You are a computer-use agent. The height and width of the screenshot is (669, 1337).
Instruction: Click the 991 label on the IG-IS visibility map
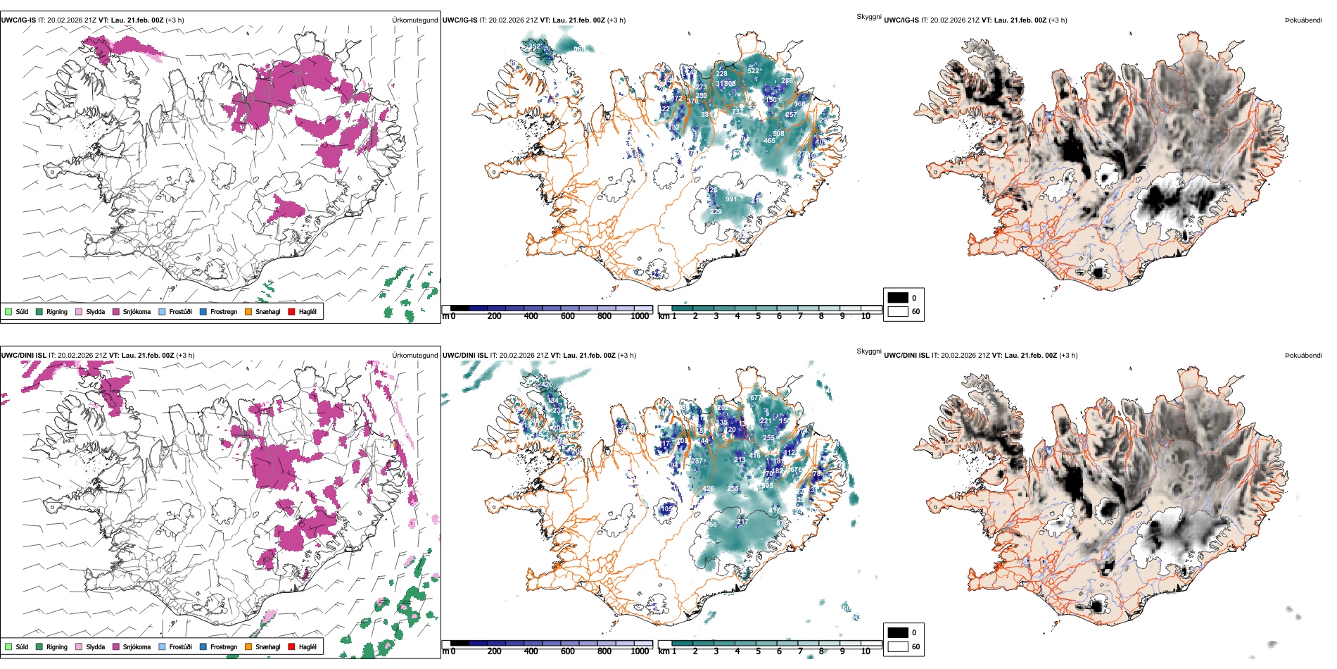[731, 199]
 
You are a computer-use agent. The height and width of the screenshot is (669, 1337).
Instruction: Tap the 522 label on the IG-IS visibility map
[753, 71]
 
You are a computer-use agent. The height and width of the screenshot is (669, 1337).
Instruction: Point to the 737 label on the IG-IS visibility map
[737, 111]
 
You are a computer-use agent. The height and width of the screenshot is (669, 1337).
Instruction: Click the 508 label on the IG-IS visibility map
[778, 134]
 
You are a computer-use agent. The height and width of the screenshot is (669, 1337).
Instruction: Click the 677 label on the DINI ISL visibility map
[755, 398]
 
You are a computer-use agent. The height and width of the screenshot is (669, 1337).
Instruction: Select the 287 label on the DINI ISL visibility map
[697, 461]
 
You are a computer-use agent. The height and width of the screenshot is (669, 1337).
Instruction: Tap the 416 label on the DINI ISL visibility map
[755, 456]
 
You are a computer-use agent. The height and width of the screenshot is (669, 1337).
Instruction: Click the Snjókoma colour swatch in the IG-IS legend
[116, 311]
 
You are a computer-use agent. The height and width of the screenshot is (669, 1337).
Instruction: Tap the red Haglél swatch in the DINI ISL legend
[292, 646]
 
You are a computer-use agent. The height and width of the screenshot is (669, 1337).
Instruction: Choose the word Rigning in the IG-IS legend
[57, 311]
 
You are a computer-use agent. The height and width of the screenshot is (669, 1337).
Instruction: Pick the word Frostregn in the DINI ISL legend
[224, 646]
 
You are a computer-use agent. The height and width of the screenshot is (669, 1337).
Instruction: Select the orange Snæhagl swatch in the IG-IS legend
[248, 311]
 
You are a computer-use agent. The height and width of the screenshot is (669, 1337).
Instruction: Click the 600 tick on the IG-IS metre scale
[568, 316]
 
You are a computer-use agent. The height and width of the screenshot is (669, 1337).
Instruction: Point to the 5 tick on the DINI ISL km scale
[758, 651]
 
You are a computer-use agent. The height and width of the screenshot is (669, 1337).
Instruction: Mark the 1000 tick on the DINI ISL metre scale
[640, 651]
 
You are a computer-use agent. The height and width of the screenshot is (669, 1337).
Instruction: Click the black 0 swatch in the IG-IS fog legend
[898, 298]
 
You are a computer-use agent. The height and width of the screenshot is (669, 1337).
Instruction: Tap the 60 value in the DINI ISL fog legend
[915, 646]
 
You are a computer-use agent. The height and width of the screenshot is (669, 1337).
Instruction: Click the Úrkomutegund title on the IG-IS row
[414, 20]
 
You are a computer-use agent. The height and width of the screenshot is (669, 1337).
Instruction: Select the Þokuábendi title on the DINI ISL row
[1303, 355]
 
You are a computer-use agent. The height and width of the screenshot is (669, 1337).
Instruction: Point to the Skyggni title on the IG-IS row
[868, 16]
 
